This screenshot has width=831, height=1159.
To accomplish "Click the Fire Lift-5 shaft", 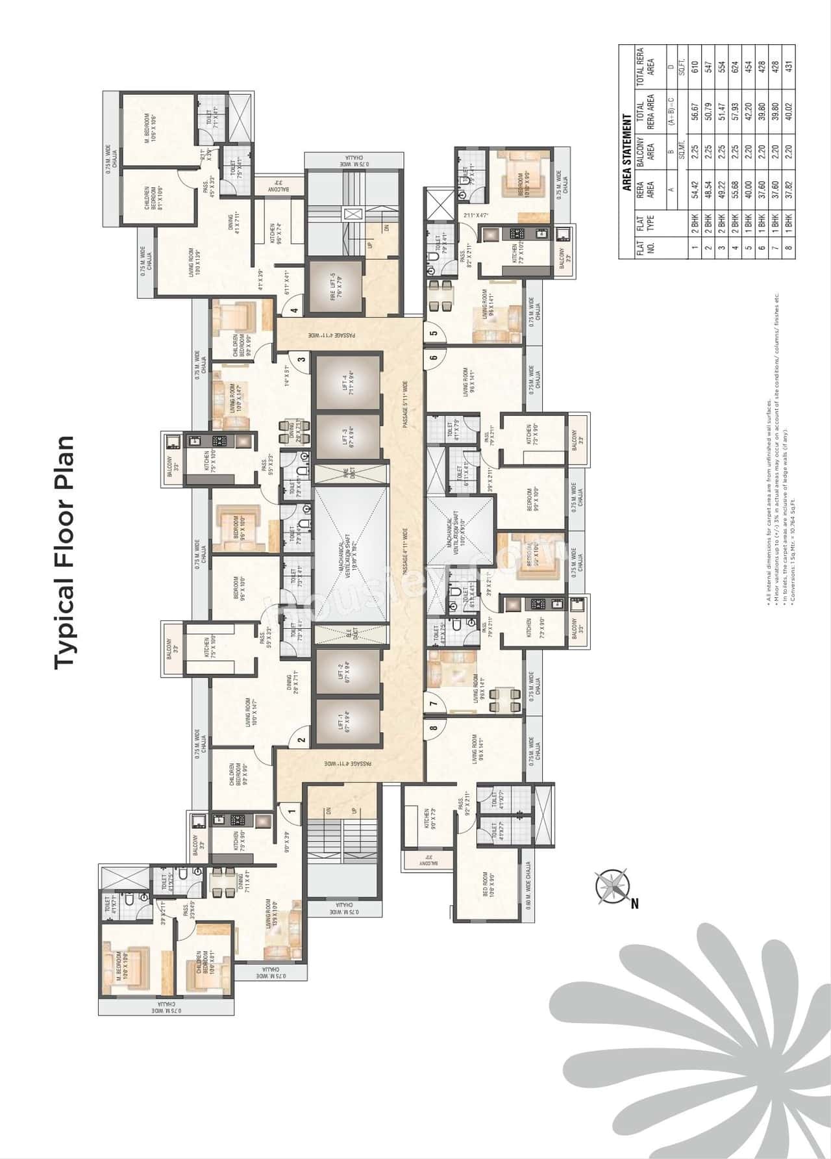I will pyautogui.click(x=334, y=287).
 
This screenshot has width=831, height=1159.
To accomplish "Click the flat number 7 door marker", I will pyautogui.click(x=433, y=702).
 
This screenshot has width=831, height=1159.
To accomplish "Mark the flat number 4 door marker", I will pyautogui.click(x=294, y=310).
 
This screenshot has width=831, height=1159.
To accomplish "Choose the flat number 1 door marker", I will pyautogui.click(x=291, y=811).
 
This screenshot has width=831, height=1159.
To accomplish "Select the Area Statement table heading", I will pyautogui.click(x=627, y=153).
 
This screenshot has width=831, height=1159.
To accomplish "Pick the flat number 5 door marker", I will pyautogui.click(x=433, y=333).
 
